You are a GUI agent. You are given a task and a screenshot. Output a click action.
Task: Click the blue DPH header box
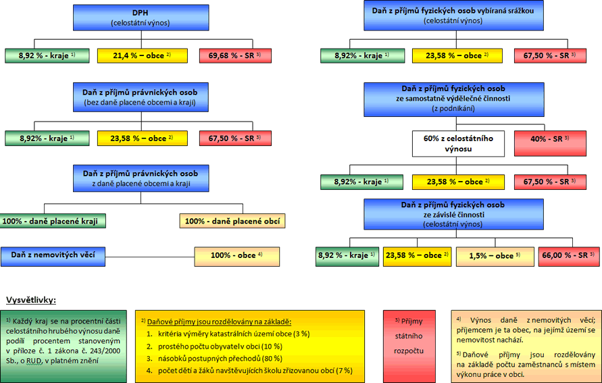[141, 17]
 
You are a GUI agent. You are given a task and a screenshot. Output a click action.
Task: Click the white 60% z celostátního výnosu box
[458, 143]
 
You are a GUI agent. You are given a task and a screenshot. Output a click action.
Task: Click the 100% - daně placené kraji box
[53, 221]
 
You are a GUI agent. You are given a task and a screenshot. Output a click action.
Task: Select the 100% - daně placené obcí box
[232, 221]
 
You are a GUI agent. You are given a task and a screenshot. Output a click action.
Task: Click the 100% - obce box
[236, 256]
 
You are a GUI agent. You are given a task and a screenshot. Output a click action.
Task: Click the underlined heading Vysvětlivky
[31, 299]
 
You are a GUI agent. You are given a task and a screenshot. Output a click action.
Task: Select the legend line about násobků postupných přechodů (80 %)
[219, 358]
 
